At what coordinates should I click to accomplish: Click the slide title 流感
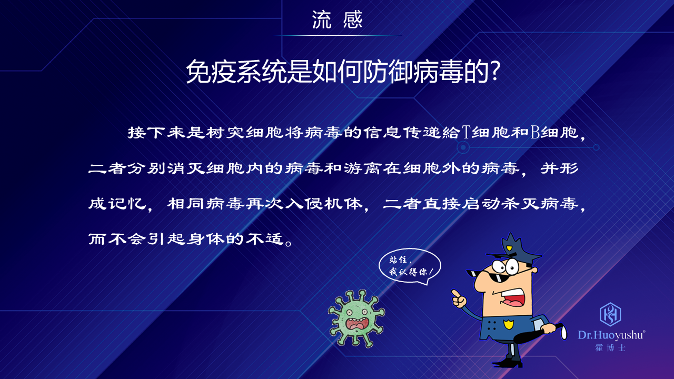point(338,20)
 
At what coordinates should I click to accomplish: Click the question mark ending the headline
point(494,71)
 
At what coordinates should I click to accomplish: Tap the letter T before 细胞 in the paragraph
point(466,132)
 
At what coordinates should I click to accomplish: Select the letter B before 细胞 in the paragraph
point(535,132)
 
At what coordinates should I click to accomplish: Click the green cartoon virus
point(356,318)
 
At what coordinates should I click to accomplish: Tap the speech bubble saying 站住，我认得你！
point(410,266)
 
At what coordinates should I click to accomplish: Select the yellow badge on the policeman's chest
point(508,325)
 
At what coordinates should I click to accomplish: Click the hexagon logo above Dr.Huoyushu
point(610,314)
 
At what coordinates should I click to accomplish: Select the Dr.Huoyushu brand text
point(611,335)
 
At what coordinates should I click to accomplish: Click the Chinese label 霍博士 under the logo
point(610,348)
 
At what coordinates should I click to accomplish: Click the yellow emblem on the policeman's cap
point(509,248)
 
